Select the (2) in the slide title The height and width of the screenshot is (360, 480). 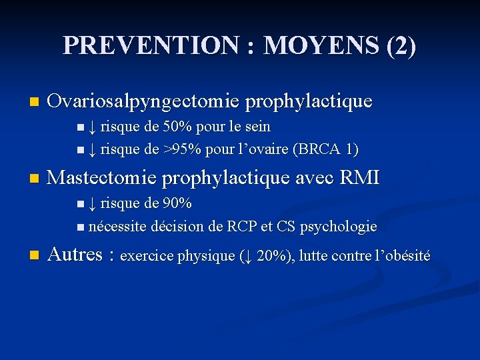click(401, 45)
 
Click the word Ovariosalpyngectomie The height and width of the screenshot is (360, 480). click(144, 102)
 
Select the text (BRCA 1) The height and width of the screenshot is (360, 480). click(325, 149)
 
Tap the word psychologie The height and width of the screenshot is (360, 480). click(338, 227)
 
